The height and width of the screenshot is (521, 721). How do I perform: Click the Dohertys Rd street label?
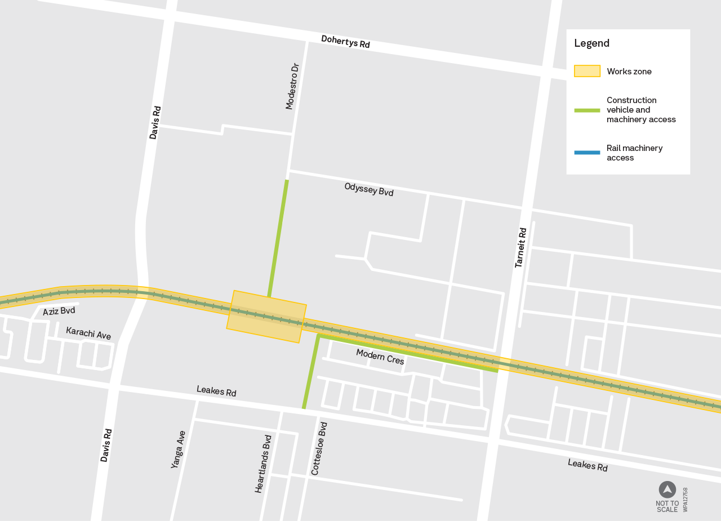tap(345, 42)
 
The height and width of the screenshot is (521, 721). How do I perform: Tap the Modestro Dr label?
tap(292, 86)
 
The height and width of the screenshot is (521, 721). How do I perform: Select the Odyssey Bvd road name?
tap(369, 189)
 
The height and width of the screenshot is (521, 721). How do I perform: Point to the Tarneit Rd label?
tap(520, 247)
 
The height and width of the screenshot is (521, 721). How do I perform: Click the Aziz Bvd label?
tap(59, 311)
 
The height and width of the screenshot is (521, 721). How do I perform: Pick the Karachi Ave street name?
tap(88, 333)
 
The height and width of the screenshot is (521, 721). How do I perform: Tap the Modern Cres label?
tap(380, 357)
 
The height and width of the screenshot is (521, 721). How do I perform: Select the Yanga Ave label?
tap(179, 449)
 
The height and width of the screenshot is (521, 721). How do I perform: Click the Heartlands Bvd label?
tap(263, 464)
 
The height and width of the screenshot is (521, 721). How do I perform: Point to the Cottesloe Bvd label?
tap(319, 448)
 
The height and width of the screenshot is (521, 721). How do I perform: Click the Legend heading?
tap(591, 43)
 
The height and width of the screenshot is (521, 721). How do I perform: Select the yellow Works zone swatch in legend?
tap(587, 72)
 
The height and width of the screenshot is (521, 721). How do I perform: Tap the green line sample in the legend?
tap(587, 110)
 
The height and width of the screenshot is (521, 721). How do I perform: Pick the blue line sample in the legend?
tap(587, 153)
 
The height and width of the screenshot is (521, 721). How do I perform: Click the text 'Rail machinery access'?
tap(634, 153)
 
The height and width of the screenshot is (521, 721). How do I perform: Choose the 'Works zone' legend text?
tap(629, 72)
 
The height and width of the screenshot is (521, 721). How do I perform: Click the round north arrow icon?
tap(667, 489)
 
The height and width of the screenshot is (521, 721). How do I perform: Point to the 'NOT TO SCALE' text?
tap(667, 506)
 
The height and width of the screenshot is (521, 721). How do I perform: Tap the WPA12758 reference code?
tap(686, 500)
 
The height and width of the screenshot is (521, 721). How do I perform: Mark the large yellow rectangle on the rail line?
tap(266, 317)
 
